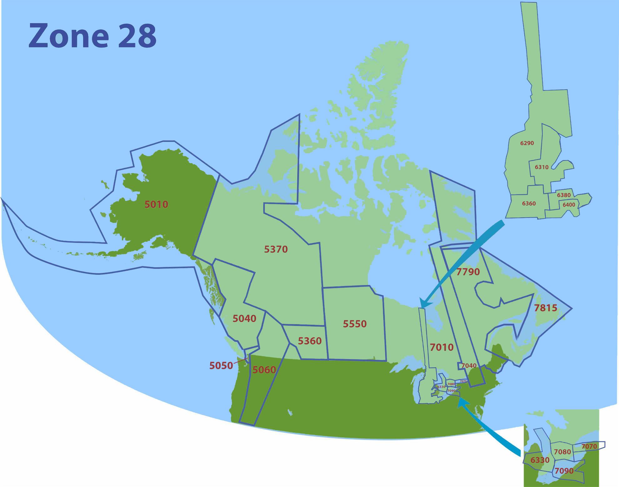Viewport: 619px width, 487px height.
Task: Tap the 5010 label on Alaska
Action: (x=156, y=204)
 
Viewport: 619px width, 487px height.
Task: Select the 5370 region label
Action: (x=276, y=249)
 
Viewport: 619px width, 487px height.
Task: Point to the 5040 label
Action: (x=244, y=319)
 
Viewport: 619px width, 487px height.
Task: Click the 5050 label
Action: (x=221, y=365)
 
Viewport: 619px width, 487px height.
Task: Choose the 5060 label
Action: (x=264, y=370)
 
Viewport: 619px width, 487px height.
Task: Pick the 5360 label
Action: (x=309, y=341)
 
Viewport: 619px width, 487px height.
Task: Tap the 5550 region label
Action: (x=355, y=324)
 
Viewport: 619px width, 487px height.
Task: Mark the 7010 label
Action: (x=441, y=347)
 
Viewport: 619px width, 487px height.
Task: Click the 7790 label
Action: (x=468, y=272)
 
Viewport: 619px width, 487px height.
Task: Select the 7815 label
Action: (x=546, y=308)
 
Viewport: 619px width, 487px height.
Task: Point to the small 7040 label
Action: (x=469, y=365)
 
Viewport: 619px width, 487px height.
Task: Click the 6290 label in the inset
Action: (x=527, y=143)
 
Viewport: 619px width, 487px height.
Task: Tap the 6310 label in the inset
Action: (x=541, y=167)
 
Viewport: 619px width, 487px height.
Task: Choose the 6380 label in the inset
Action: (x=564, y=195)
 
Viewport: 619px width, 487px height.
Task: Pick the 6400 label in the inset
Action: (x=569, y=205)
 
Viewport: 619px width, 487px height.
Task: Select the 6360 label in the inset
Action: (x=529, y=203)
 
